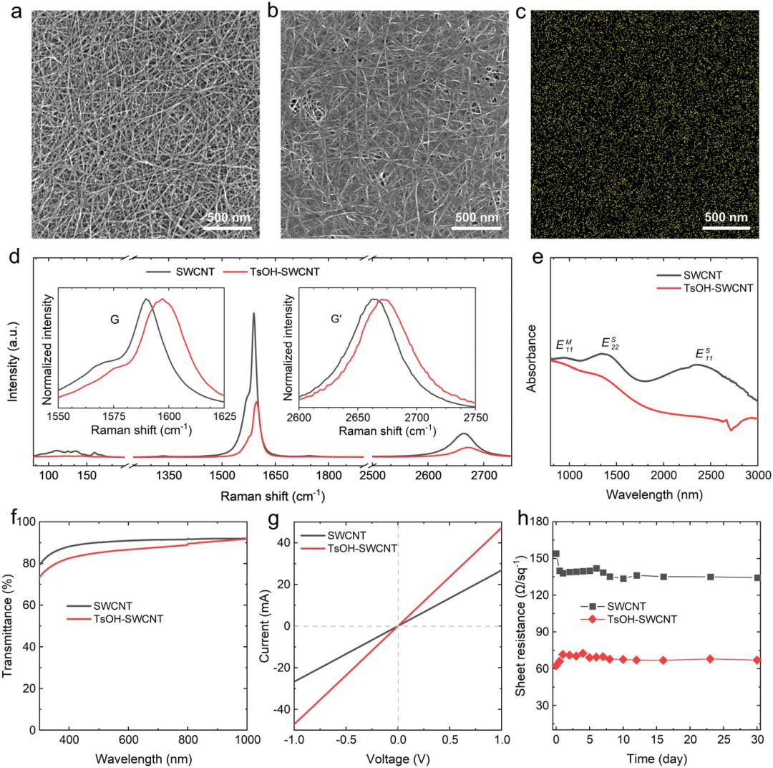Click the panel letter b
pyautogui.click(x=273, y=12)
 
